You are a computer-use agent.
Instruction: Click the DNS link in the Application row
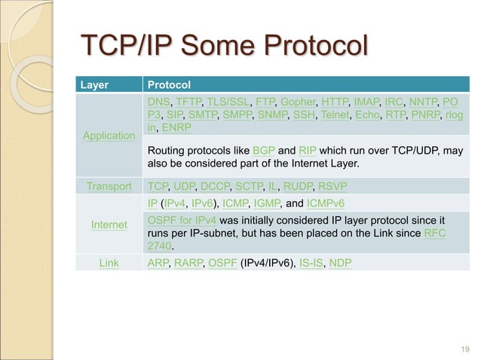point(159,102)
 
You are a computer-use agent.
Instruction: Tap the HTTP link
point(335,102)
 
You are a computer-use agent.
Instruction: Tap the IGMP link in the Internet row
point(280,203)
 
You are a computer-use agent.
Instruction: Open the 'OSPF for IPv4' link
point(182,219)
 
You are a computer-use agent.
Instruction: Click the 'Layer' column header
point(93,84)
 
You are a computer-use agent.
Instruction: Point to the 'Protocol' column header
point(169,84)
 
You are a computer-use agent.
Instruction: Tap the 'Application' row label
point(109,136)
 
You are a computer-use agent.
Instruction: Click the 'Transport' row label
point(109,185)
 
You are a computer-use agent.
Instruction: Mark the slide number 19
point(464,348)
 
